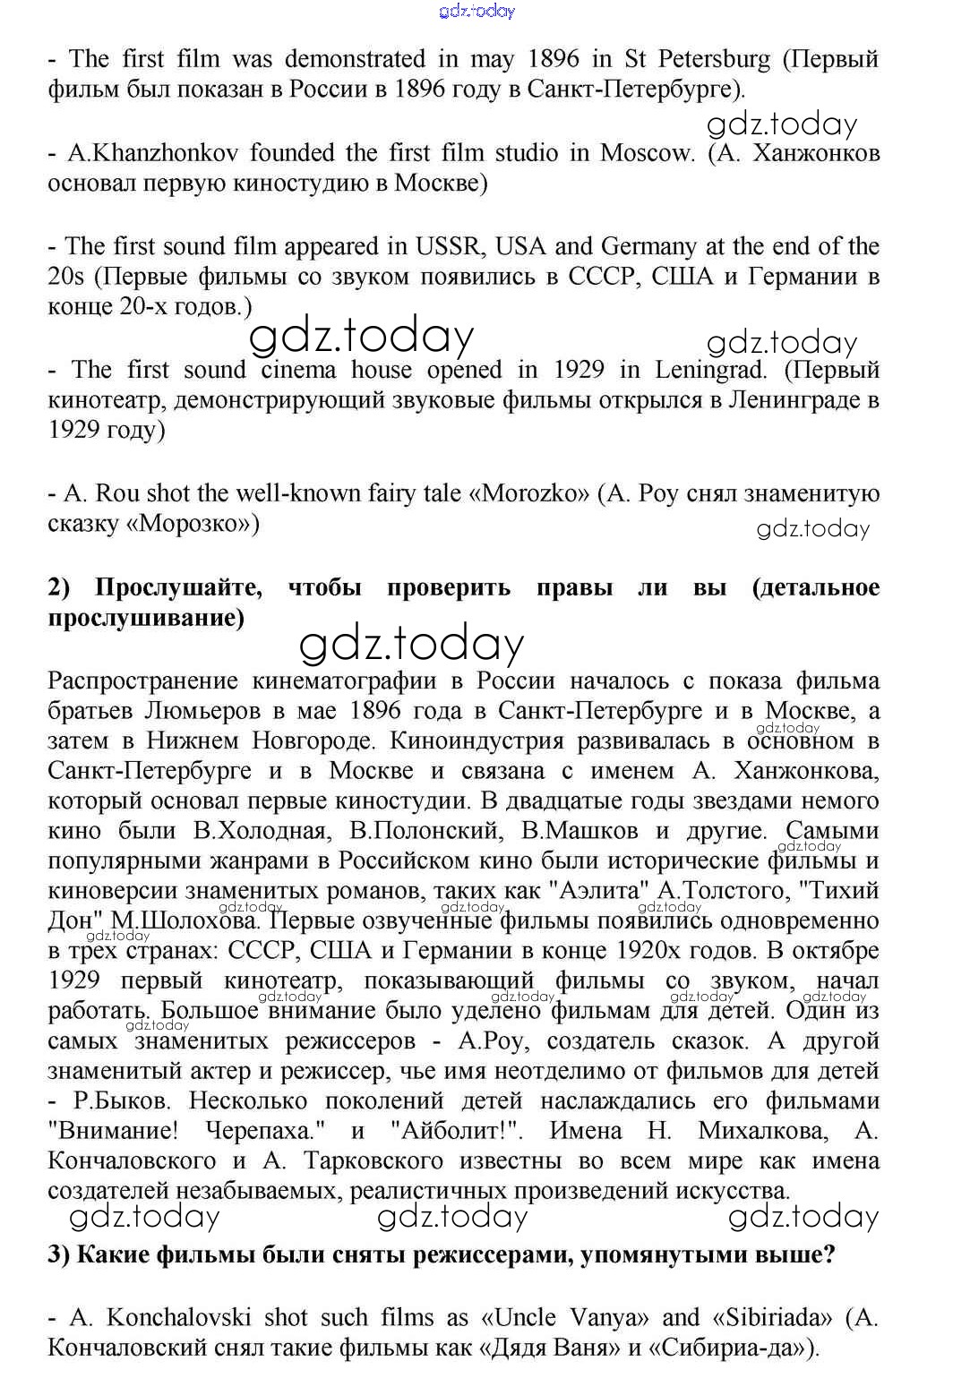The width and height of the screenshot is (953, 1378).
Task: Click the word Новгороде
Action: click(309, 741)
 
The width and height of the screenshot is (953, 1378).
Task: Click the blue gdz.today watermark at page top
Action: click(477, 11)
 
